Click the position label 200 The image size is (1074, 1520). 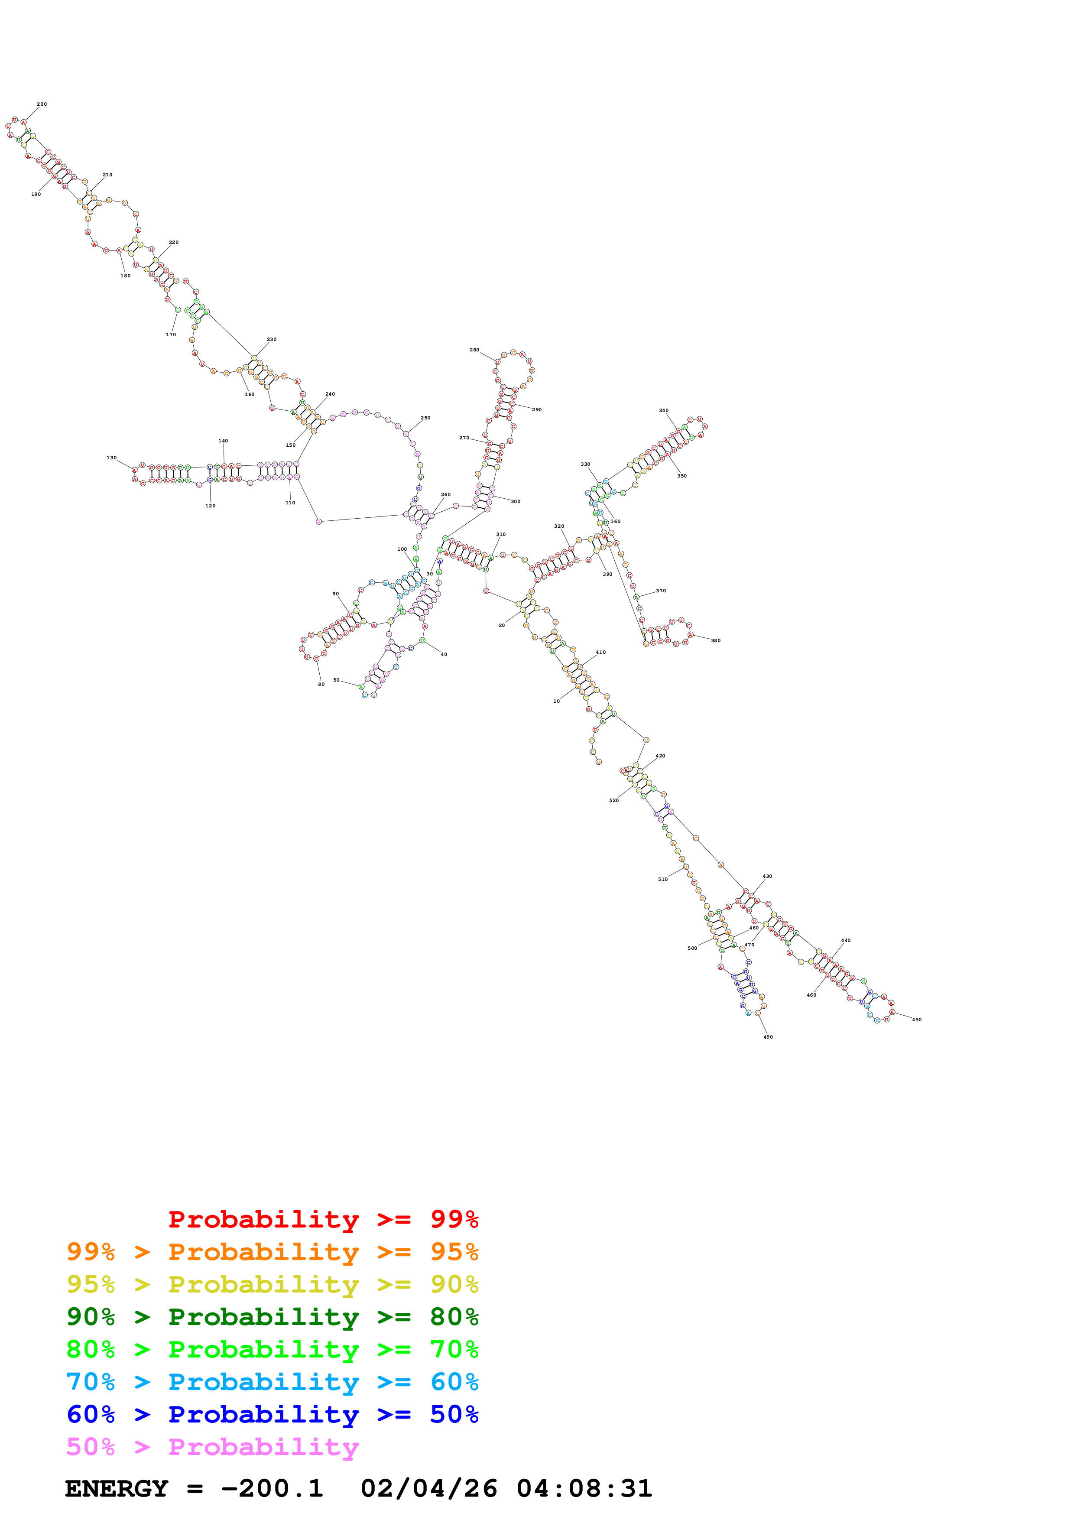click(42, 104)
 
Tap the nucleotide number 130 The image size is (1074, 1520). click(111, 458)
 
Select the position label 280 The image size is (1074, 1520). click(474, 350)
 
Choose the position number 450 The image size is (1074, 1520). click(916, 1020)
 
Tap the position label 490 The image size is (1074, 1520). click(768, 1037)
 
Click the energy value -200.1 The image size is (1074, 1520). click(272, 1489)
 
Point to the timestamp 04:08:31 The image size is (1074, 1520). click(584, 1489)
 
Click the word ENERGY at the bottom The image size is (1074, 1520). click(117, 1489)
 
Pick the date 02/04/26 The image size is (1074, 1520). click(429, 1489)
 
